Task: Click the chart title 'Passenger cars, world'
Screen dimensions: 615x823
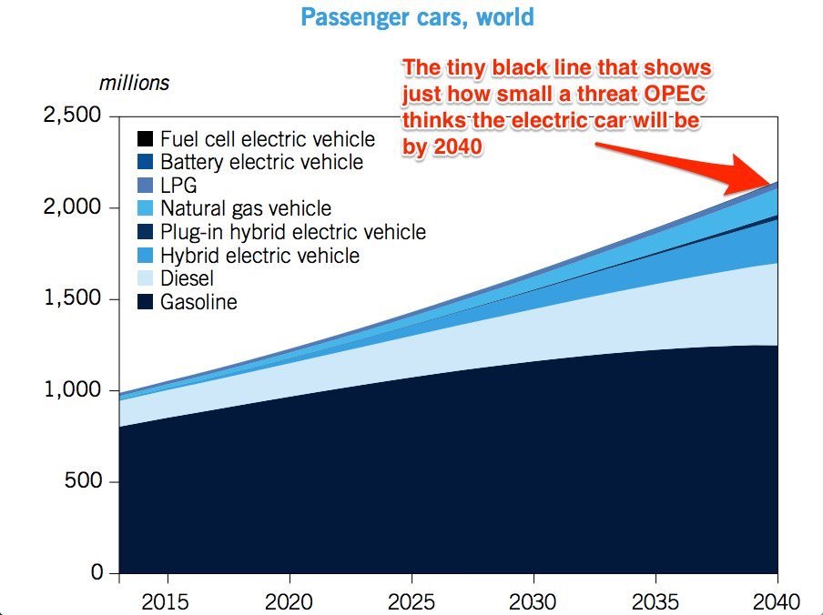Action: coord(417,18)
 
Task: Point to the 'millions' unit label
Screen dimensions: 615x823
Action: coord(134,82)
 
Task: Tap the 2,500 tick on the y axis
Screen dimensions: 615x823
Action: coord(76,117)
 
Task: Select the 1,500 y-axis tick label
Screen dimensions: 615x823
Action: coord(76,299)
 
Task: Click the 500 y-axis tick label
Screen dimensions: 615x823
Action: coord(87,482)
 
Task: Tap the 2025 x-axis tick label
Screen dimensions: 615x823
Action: coord(411,601)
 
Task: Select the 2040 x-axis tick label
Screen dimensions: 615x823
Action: coord(777,601)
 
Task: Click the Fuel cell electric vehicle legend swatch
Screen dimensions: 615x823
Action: coord(145,140)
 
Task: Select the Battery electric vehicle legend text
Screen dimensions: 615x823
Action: coord(261,163)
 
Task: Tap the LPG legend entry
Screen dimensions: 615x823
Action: coord(178,186)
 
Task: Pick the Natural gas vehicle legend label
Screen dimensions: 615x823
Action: coord(245,209)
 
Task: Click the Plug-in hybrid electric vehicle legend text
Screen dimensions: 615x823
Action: coord(292,232)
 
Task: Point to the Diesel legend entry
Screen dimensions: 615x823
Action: coord(187,278)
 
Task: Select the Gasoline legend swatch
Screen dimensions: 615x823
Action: coord(145,302)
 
